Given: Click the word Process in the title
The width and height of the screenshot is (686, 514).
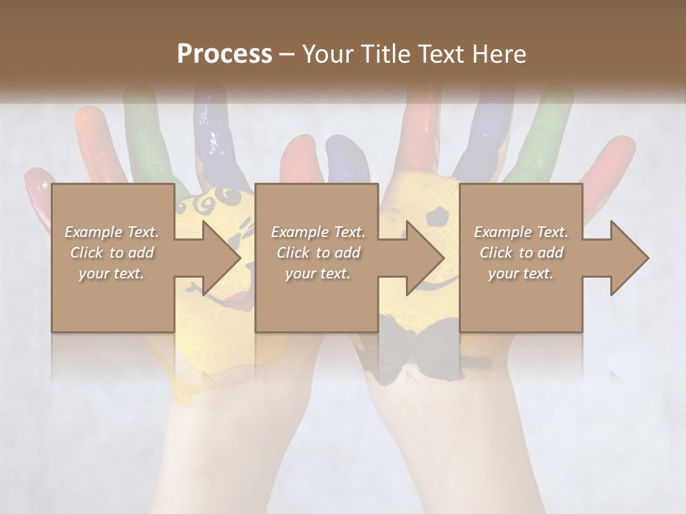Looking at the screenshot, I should click(224, 54).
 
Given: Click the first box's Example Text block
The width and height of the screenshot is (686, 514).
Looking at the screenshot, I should click(111, 253).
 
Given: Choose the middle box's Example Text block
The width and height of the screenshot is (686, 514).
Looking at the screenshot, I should click(317, 253).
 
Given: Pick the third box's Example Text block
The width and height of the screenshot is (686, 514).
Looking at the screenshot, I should click(521, 253).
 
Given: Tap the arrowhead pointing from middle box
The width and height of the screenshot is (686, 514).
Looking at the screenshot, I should click(424, 258).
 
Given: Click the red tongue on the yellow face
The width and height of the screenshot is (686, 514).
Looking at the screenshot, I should click(244, 300).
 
